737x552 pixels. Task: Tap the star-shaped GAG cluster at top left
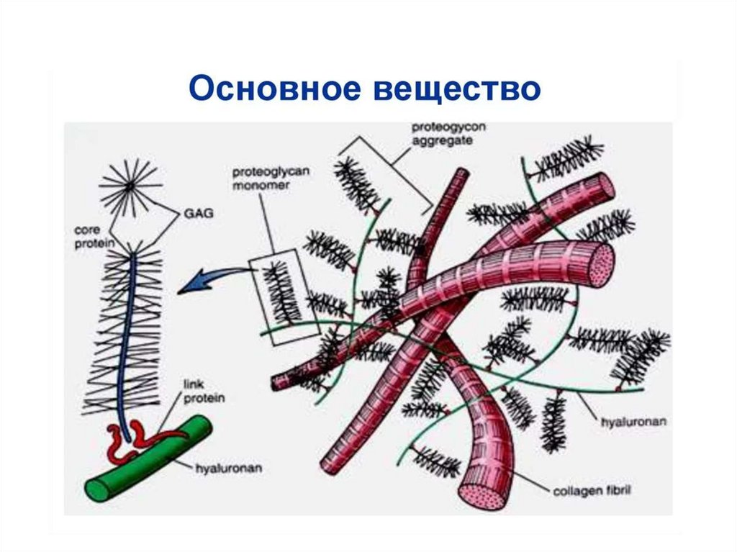coord(130,186)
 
